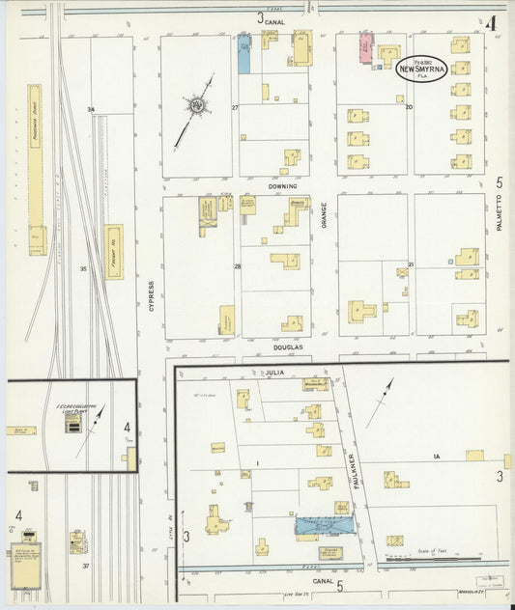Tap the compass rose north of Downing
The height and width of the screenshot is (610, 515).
pyautogui.click(x=198, y=105)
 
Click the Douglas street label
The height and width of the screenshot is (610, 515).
pyautogui.click(x=288, y=347)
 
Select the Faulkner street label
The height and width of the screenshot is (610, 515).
pyautogui.click(x=354, y=472)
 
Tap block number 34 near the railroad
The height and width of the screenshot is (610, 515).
pyautogui.click(x=91, y=109)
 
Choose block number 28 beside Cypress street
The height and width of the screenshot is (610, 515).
pyautogui.click(x=237, y=265)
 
